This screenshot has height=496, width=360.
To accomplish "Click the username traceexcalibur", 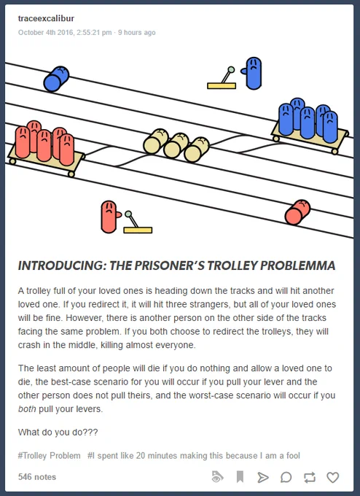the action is (46, 18).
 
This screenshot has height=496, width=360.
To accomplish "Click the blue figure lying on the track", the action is (56, 79).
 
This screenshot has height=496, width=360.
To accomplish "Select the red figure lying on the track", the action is (297, 212).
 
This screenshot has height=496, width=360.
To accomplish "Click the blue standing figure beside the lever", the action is (253, 73).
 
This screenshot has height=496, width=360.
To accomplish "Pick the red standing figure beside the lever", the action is (110, 217).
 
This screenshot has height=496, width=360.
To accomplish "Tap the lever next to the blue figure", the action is (222, 78).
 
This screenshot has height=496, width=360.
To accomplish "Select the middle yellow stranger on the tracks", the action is (176, 145).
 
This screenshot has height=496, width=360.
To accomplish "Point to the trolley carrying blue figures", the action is (310, 125).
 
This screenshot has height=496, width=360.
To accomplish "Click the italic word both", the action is (27, 409).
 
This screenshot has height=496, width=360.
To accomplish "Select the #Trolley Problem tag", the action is (50, 456).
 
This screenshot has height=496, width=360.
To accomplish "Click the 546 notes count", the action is (37, 477).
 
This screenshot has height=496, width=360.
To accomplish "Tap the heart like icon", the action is (332, 477).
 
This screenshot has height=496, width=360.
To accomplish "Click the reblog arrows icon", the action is (310, 477).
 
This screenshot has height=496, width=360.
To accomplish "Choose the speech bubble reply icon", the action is (286, 477).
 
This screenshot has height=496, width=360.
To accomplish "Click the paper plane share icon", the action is (262, 477).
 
